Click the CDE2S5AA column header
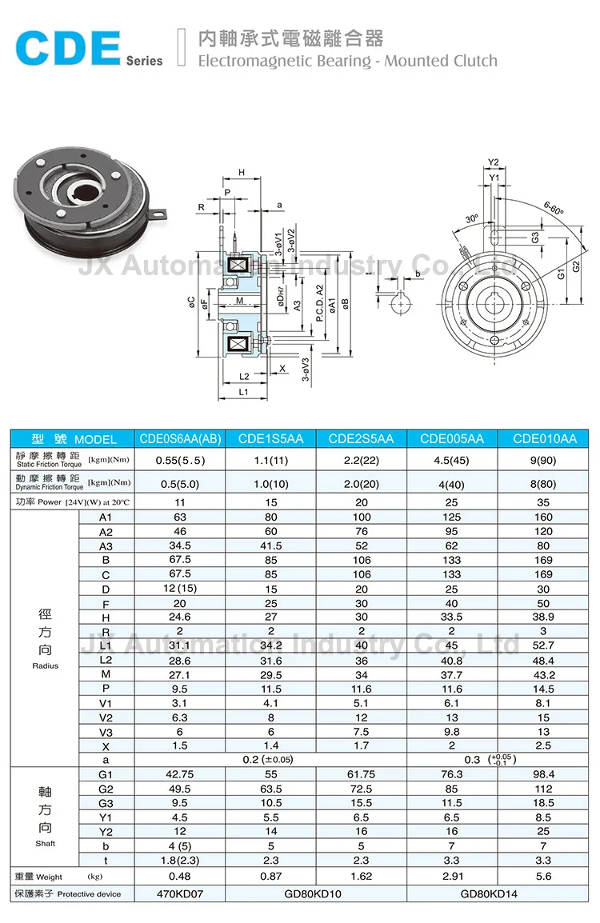coord(362,438)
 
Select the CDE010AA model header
coord(544,438)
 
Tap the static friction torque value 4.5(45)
coord(453,460)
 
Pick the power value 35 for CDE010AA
coord(544,502)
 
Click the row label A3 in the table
coord(106,545)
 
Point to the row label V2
coord(106,717)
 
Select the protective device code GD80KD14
coord(498,893)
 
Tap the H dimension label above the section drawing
coord(241,171)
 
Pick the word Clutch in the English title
coord(471,61)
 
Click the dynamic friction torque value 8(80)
coord(544,483)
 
